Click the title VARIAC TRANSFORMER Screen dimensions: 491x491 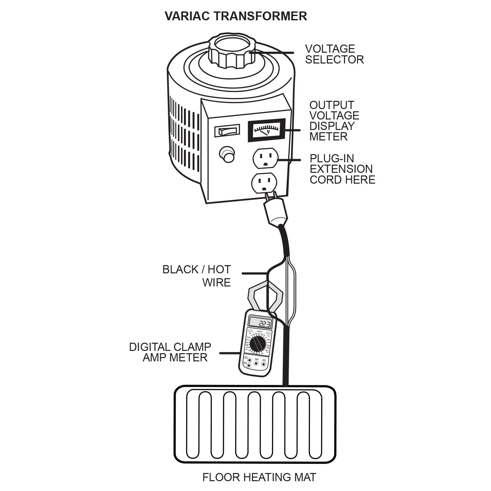pos(236,16)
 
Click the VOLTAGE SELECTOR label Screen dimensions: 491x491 pos(334,54)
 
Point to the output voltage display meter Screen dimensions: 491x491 pos(266,130)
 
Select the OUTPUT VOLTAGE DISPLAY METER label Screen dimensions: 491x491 pos(334,121)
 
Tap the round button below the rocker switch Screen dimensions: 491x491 pos(227,154)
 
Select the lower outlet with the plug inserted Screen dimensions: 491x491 pos(264,184)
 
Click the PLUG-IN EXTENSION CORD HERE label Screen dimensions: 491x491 pos(342,169)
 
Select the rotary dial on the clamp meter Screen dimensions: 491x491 pos(258,344)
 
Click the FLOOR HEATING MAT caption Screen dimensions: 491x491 pos(259,477)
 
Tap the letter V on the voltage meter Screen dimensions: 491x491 pos(268,132)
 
